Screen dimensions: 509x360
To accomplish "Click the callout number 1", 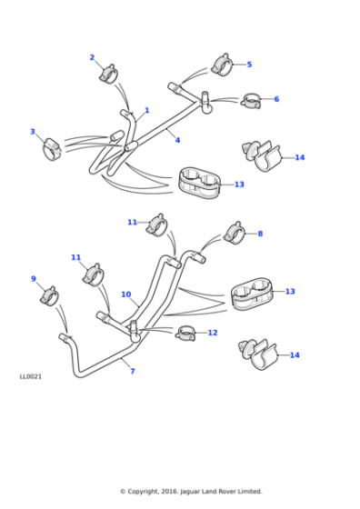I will (146, 110).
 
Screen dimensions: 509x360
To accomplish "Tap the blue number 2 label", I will (92, 57).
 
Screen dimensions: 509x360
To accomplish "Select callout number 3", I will (32, 132).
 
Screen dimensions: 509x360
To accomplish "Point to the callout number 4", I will (177, 140).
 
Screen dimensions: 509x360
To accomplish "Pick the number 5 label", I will (249, 65).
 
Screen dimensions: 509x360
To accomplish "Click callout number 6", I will (276, 99).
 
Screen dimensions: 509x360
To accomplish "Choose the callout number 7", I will (132, 371).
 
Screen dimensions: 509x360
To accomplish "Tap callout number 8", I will (259, 234).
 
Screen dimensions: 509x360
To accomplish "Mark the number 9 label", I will (34, 279).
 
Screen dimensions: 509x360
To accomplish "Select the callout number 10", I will (125, 294).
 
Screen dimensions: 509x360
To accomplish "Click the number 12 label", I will (213, 333).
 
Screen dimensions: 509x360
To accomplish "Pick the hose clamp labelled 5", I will (222, 65).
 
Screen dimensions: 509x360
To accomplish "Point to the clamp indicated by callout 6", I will (252, 99).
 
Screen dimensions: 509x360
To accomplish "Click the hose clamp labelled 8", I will (235, 233).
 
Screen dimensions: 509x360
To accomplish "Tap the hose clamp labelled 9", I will (49, 295).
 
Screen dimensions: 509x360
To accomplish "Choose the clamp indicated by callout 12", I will (186, 333).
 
